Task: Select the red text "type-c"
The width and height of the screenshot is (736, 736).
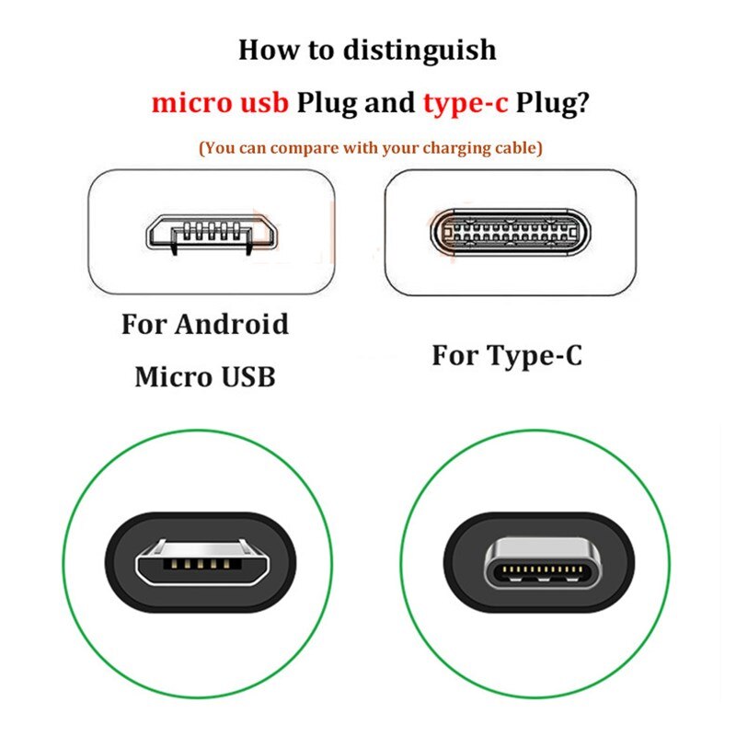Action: tap(466, 102)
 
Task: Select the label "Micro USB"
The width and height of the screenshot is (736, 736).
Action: tap(204, 376)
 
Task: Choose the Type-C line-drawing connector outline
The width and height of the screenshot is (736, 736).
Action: tap(508, 231)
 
